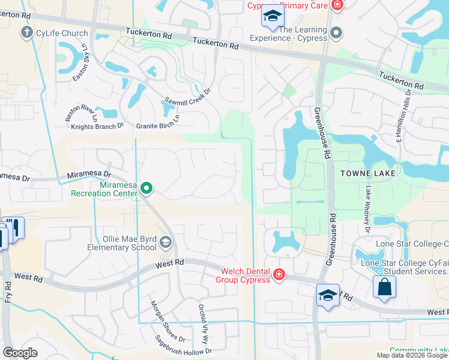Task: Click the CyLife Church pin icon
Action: (26, 33)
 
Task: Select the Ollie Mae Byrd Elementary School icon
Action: (166, 242)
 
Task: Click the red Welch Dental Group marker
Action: (279, 275)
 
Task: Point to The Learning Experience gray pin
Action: (336, 33)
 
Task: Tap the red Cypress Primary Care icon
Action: (337, 5)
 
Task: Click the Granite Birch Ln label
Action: (157, 125)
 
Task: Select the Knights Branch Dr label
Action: (97, 126)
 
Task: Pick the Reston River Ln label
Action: (81, 113)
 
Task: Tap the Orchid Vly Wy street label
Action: (203, 323)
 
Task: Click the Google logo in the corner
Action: (20, 352)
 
